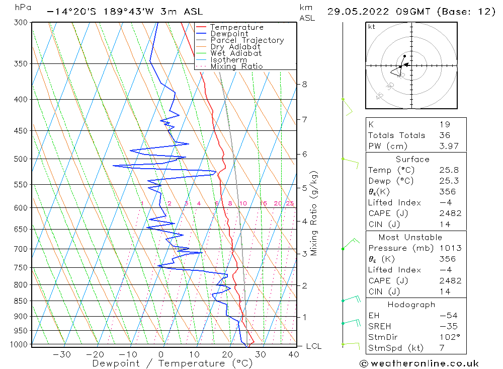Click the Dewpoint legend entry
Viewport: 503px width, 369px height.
[229, 34]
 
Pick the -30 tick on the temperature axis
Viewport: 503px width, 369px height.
[62, 354]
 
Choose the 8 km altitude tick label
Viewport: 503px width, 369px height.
[304, 84]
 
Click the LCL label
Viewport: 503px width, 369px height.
[313, 346]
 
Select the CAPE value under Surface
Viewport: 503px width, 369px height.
[449, 213]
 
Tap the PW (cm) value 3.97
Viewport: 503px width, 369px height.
[449, 146]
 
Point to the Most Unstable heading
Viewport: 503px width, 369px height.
[410, 238]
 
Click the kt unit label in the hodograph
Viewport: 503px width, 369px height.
[371, 27]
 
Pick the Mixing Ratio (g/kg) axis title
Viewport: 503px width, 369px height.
[314, 213]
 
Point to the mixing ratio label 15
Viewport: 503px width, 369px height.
[263, 203]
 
